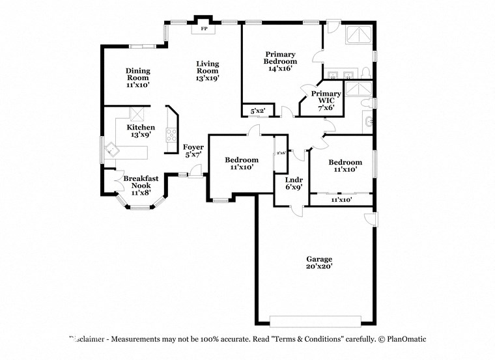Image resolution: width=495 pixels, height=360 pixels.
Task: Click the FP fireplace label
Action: point(203,29)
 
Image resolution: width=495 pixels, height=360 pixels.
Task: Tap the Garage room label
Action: point(319,258)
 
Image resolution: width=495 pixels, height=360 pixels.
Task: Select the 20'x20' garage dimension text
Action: point(319,267)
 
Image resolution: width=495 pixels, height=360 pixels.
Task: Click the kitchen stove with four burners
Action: point(172,135)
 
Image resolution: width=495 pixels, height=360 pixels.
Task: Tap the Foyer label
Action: point(193,147)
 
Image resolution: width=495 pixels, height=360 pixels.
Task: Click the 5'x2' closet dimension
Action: point(258,111)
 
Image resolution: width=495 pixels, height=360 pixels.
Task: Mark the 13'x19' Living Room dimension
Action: point(208,77)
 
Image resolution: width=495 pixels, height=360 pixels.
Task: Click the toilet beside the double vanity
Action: point(365,72)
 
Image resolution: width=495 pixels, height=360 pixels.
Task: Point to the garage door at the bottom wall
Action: point(315,320)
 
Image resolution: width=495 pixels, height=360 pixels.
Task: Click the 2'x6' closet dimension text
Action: point(281,153)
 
